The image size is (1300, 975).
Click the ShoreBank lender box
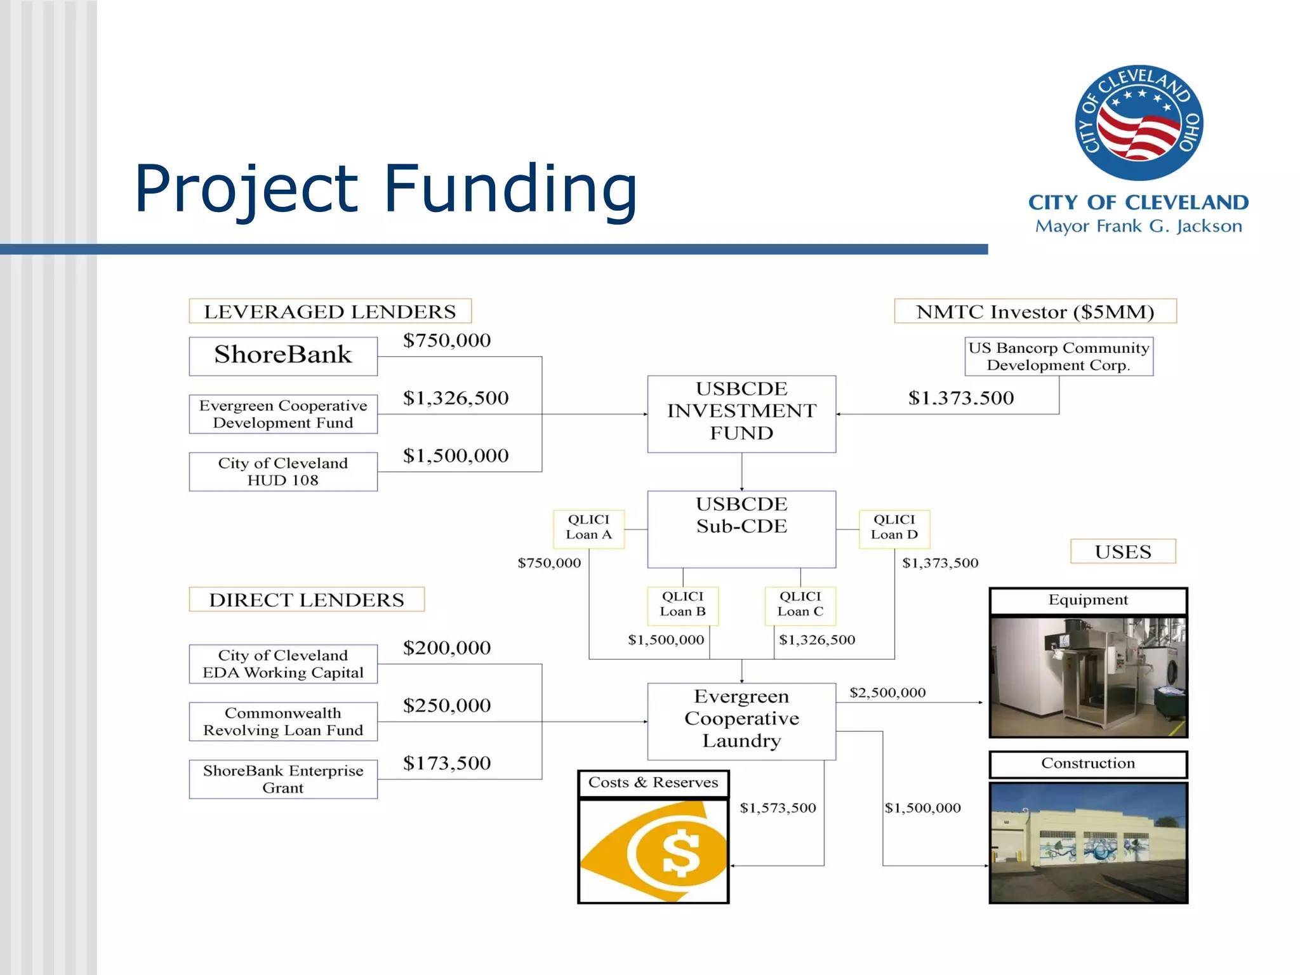coord(283,355)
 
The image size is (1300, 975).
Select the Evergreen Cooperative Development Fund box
coord(283,414)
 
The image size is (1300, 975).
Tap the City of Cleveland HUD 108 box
coord(283,472)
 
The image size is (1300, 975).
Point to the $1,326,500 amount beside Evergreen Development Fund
coord(456,398)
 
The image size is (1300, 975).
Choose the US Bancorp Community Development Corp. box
coord(1059,356)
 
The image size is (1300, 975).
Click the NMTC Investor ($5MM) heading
coord(1035,311)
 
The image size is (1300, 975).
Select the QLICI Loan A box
coord(588,528)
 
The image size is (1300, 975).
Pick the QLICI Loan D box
coord(894,528)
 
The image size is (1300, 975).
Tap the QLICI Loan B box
coord(682,605)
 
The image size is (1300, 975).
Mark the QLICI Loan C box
coord(800,605)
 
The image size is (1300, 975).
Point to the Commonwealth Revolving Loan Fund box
coord(283,722)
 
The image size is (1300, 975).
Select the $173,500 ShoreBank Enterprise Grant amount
coord(447,763)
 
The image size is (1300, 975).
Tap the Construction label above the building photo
coord(1088,764)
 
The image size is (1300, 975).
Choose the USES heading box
coord(1122,552)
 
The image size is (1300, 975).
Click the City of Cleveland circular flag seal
coord(1139,123)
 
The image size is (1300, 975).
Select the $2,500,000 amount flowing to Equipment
coord(887,693)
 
